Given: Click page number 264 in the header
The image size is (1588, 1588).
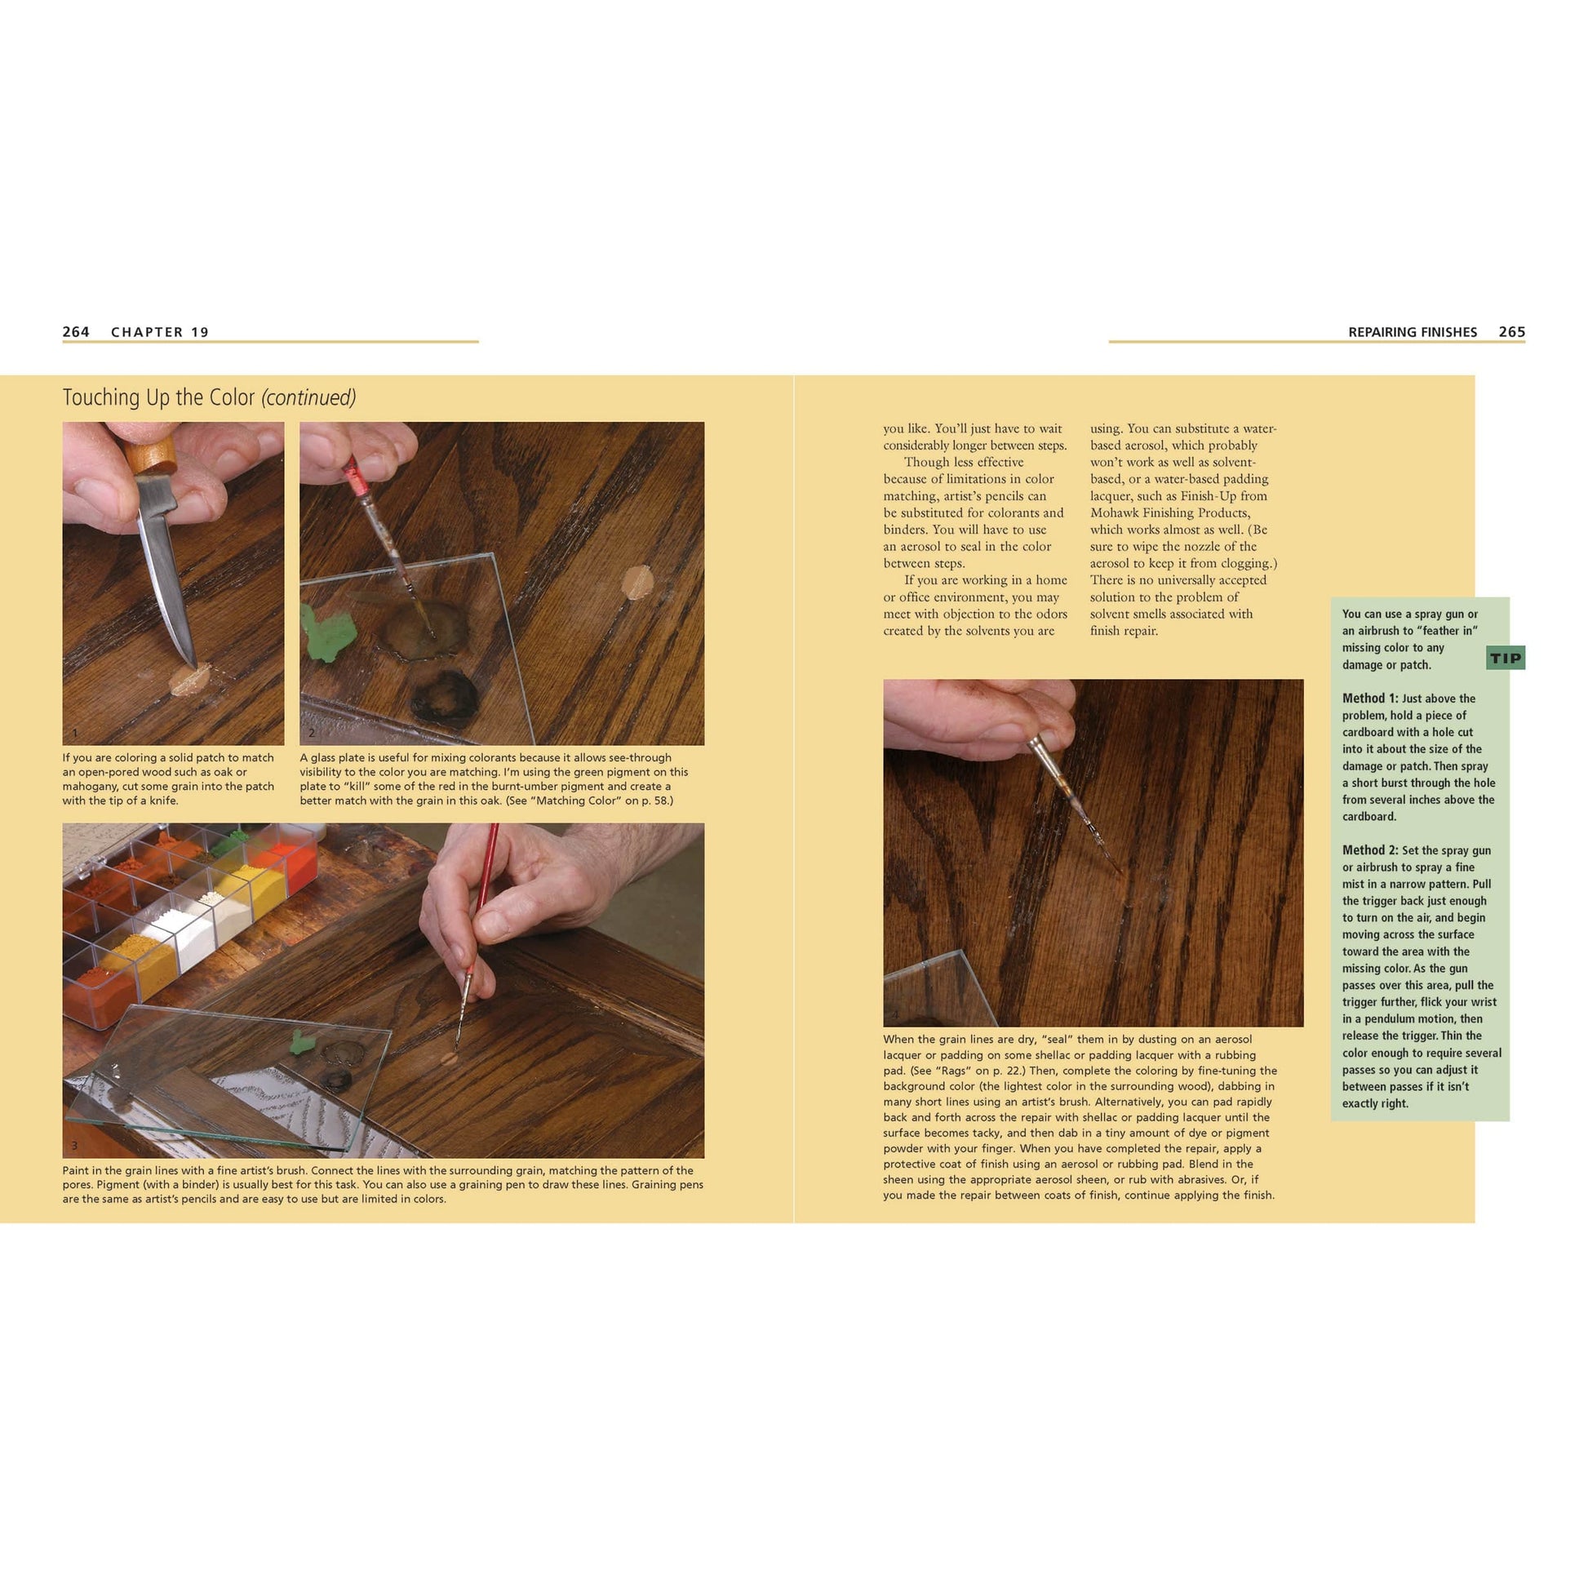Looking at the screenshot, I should [76, 332].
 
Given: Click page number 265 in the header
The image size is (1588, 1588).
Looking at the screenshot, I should [1510, 332].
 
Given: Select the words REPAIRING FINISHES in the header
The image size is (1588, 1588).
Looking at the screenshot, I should [1412, 332].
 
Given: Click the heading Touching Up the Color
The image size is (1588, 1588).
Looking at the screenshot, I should [158, 398].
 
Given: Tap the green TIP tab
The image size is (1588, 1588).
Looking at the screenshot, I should [1505, 658].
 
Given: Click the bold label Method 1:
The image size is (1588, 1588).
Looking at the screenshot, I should [1369, 699].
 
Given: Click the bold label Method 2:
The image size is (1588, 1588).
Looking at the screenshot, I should [1369, 850].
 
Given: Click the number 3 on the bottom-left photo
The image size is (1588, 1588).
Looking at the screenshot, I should [74, 1146].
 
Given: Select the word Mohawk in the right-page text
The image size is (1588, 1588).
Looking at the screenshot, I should [1115, 513].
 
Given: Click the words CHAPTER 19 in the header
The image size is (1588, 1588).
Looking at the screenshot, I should [159, 332].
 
